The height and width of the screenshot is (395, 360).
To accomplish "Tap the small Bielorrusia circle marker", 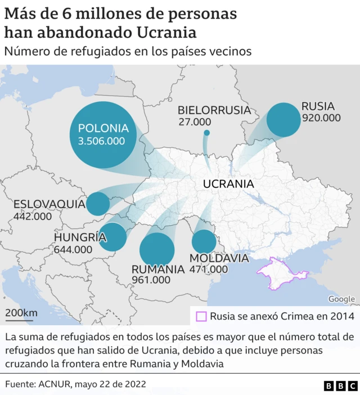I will point(206,133).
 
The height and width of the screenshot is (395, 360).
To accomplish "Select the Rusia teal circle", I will point(283,119).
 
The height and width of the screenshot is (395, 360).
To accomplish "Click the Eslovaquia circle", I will point(98,204).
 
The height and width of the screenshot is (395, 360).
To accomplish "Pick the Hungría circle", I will point(113,237).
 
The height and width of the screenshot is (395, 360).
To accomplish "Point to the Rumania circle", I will point(157,249).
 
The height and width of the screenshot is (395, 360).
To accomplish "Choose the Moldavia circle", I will point(204,242).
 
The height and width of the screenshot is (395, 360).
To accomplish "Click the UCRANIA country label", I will point(228,184).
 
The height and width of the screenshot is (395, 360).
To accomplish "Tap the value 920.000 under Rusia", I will point(321,118).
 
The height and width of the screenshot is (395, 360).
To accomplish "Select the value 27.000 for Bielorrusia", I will point(195,122).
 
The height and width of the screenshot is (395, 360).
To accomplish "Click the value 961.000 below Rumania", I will point(151,280).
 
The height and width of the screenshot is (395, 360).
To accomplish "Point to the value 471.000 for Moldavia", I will point(209,270).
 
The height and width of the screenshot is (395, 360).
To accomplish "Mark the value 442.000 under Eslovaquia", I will point(32,216).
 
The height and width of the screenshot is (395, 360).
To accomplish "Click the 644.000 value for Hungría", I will point(73,249).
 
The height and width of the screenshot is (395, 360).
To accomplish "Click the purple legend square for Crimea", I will point(201,316).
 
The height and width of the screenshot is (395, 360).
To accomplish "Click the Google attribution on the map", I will point(341,299).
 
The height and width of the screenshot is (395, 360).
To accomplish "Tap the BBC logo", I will point(340,385).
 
